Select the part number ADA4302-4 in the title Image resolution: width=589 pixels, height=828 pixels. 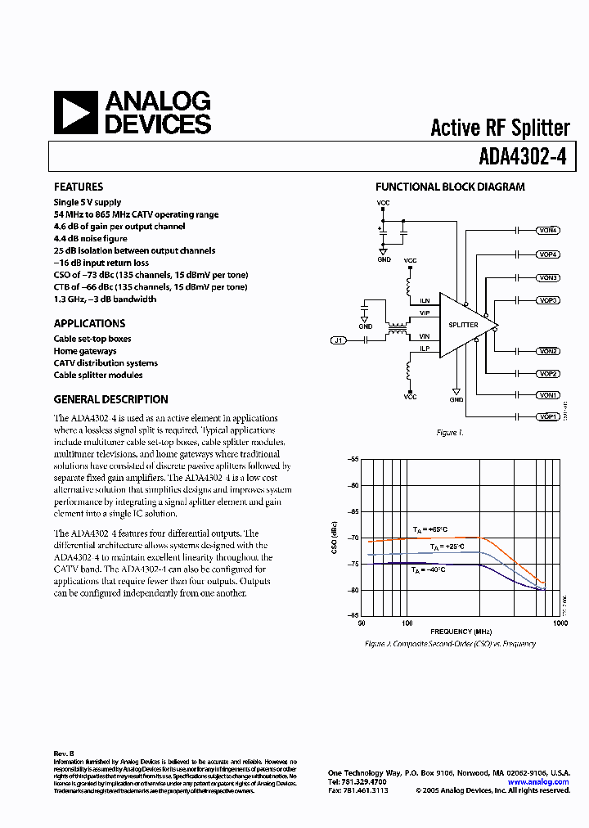(524, 155)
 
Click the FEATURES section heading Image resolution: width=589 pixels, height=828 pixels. (79, 187)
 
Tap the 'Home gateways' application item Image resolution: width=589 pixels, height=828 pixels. (85, 351)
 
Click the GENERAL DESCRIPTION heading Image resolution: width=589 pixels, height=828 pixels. (110, 399)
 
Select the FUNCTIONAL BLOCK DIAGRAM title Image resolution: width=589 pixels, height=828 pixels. (450, 187)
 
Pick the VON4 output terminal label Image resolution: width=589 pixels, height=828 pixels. (548, 231)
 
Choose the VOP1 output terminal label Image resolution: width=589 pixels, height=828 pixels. (548, 417)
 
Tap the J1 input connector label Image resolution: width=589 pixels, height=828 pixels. (338, 340)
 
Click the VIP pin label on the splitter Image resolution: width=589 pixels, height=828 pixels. (425, 313)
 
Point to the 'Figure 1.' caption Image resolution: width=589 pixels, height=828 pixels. (449, 433)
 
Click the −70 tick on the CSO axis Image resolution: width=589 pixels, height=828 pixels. (353, 538)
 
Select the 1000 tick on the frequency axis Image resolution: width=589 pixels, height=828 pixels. (560, 623)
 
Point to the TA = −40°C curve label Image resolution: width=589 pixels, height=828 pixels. (429, 569)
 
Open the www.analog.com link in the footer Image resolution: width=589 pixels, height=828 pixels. (538, 782)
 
